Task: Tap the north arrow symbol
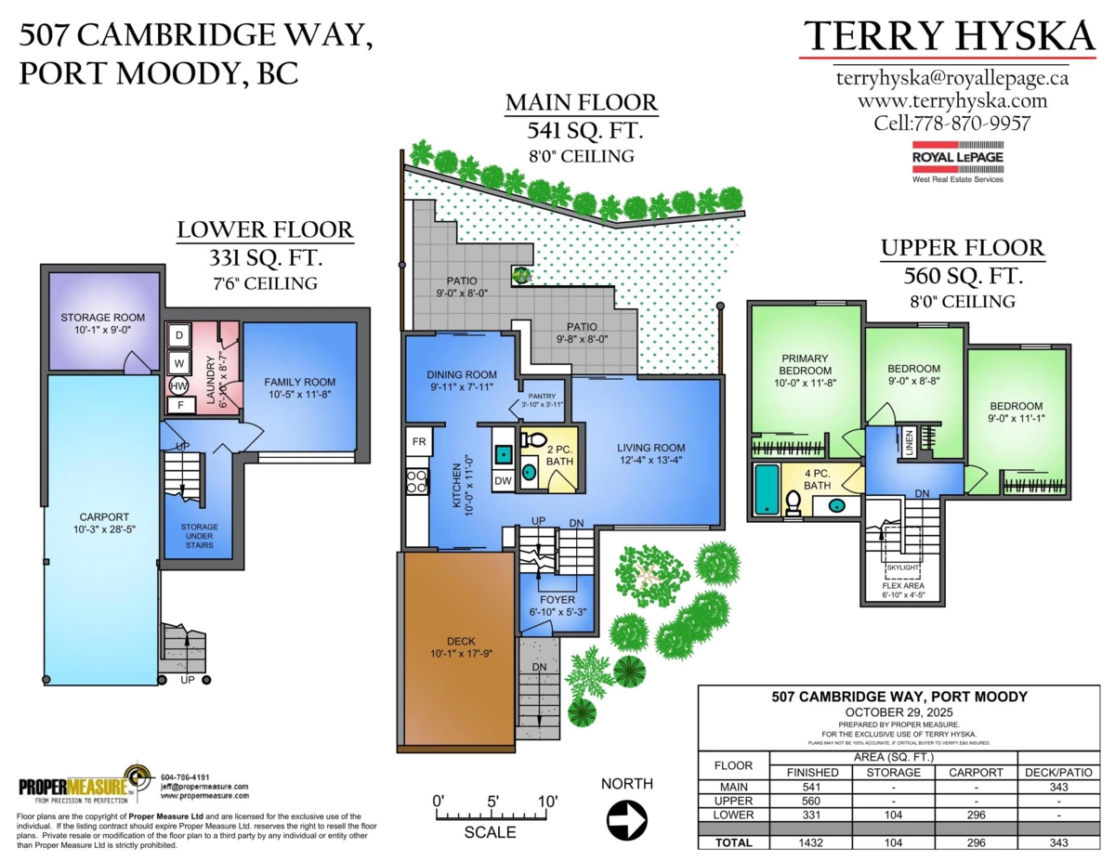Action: pyautogui.click(x=626, y=820)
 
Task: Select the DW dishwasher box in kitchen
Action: pyautogui.click(x=503, y=480)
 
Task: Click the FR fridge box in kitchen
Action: pyautogui.click(x=418, y=441)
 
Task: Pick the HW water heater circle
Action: pyautogui.click(x=178, y=385)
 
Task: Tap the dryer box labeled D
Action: pyautogui.click(x=178, y=334)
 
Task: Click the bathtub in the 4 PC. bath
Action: pyautogui.click(x=767, y=489)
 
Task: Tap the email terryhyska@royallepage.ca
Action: pyautogui.click(x=951, y=78)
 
